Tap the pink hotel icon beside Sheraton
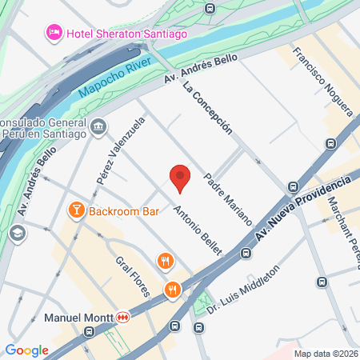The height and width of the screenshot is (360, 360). point(54,31)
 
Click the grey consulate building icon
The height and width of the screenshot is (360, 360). point(99,126)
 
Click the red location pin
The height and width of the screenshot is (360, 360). point(180,177)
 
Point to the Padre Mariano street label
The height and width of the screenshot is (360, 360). point(228,198)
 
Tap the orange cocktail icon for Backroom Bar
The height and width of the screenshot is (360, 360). point(77,210)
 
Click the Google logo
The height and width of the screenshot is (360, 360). point(27,350)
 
